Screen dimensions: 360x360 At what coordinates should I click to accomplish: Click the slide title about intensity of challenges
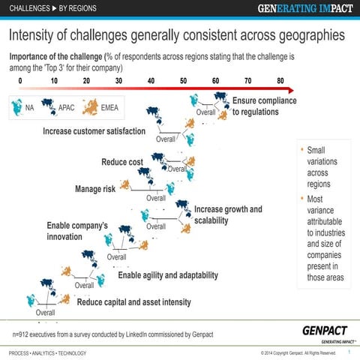pos(177,35)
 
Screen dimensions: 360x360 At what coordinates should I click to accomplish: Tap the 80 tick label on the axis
pos(280,81)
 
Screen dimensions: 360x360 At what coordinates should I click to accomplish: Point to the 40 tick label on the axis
pos(151,81)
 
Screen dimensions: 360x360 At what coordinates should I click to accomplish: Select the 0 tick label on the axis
pos(20,81)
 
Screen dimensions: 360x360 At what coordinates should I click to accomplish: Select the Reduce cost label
pos(122,163)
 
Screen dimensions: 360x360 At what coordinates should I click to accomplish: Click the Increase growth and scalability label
pos(228,214)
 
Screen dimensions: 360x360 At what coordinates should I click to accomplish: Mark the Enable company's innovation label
pos(78,231)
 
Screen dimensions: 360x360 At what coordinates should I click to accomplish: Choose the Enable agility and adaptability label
pos(173,275)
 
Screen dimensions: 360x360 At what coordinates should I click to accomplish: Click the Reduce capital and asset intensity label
pos(134,302)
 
